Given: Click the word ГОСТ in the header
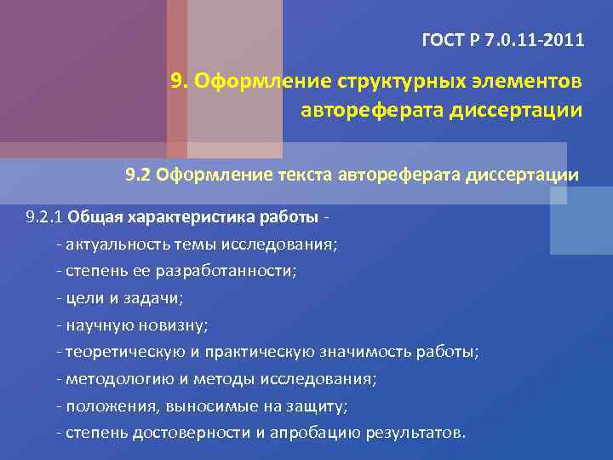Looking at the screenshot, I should click(x=442, y=40).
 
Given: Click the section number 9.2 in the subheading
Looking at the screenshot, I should click(x=138, y=175).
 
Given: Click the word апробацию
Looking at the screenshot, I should click(x=317, y=432).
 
